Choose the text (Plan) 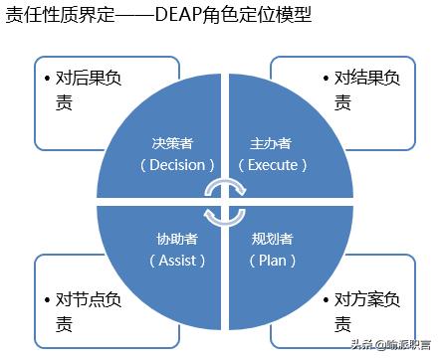click(x=272, y=260)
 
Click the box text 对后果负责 click(x=90, y=87)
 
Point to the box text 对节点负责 click(x=90, y=309)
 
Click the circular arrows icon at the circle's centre click(x=220, y=201)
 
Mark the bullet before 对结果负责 click(x=326, y=76)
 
